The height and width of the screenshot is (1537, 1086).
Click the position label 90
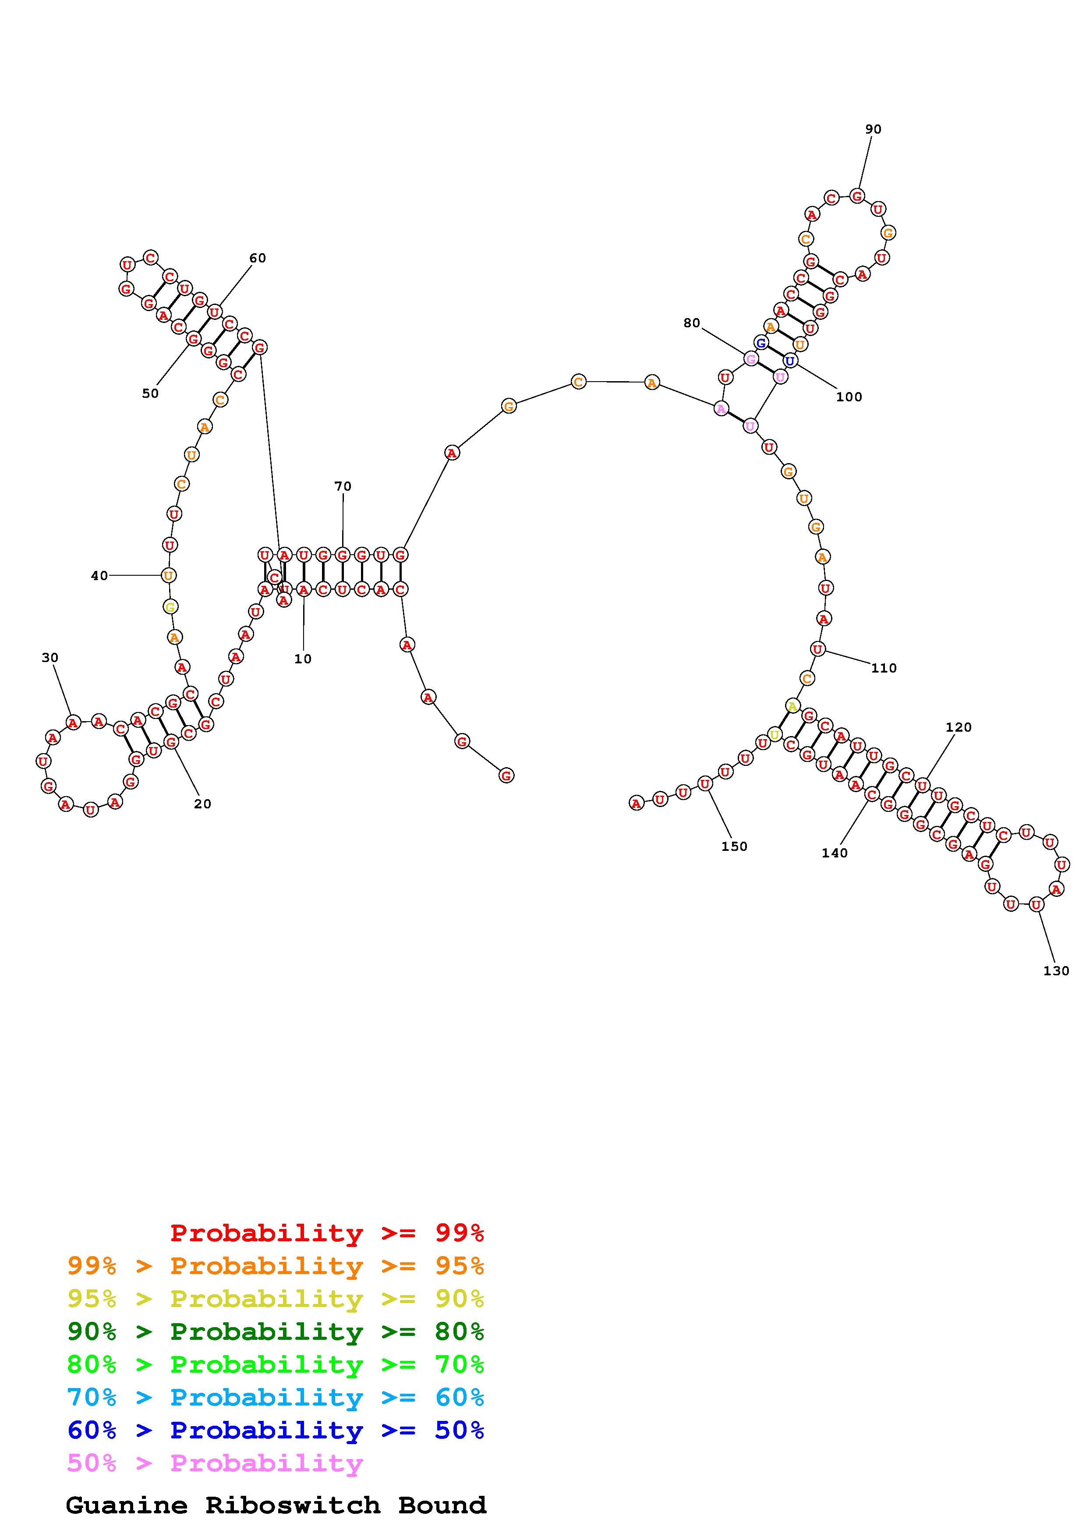873,129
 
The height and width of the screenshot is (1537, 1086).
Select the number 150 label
734,846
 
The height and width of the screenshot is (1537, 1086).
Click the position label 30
50,658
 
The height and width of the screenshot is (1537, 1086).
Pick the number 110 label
884,668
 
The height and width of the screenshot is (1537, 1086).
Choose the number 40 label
99,576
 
